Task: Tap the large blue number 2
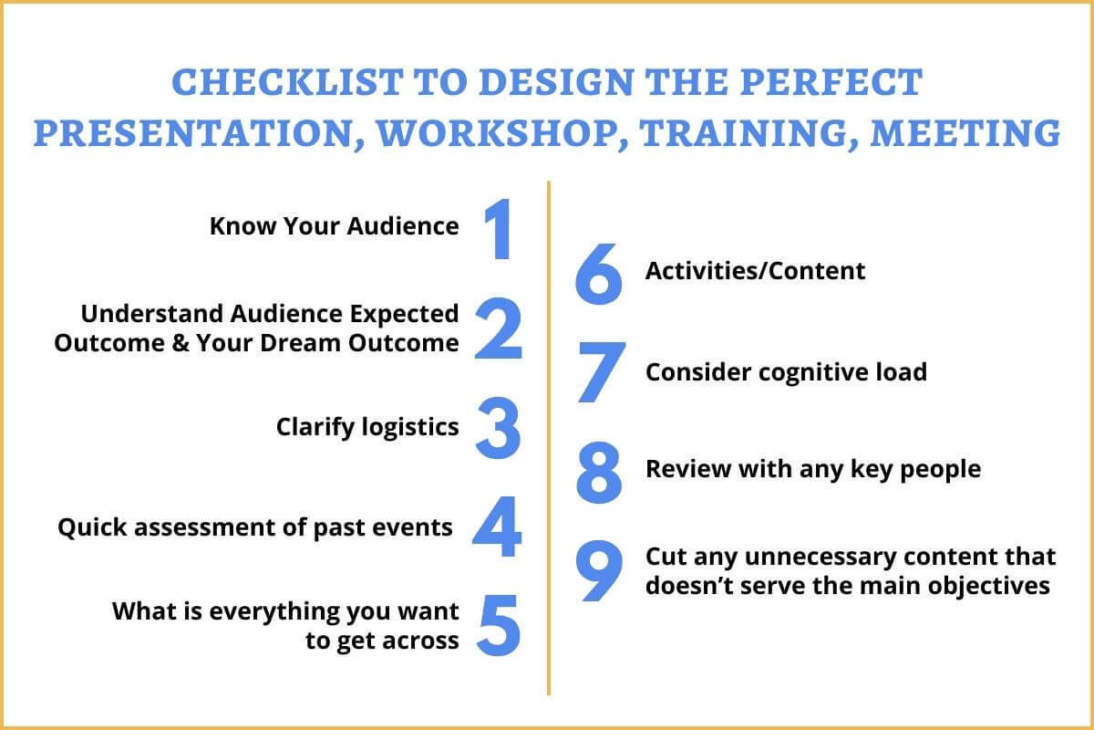(499, 328)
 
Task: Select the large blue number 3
(498, 428)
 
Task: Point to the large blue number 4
(497, 527)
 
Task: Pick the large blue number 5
(499, 625)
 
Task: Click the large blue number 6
(599, 274)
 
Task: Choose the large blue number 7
(602, 372)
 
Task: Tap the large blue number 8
(599, 473)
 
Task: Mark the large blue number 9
(599, 570)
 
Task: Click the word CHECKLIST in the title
(288, 81)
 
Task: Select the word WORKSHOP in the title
(494, 133)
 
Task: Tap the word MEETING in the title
(965, 133)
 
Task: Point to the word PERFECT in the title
(831, 81)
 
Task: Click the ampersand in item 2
(181, 343)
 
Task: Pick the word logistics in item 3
(410, 428)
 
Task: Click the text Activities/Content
(755, 271)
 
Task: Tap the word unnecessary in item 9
(820, 558)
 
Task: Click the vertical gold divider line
(549, 438)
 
